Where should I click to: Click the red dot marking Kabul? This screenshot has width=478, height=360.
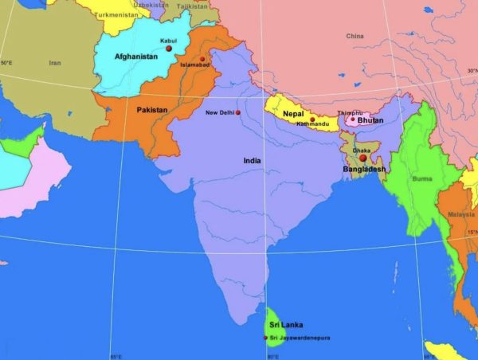coord(169,49)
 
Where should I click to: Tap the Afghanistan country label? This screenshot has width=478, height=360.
coord(137,57)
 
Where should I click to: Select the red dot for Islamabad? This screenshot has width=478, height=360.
coord(202,59)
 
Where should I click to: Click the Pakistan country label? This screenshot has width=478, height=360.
coord(152,109)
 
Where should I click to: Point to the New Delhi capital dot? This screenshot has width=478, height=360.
coord(237,113)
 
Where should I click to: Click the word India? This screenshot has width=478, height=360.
coord(253,161)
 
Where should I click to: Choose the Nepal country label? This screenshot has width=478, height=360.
coord(293,113)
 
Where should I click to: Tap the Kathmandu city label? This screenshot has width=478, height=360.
coord(312,124)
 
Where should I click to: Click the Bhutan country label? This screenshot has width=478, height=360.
coord(370,120)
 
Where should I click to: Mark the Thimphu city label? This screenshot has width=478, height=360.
coord(350,113)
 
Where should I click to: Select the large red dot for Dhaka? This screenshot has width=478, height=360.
coord(363,158)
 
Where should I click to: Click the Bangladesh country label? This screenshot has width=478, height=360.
coord(364,170)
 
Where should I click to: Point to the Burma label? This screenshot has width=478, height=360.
coord(422,179)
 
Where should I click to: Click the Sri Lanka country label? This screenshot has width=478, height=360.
coord(285,325)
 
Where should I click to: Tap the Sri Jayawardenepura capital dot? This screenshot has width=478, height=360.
coord(266,338)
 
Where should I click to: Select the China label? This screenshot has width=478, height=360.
coord(355,37)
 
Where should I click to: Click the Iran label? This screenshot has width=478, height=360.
coord(55,63)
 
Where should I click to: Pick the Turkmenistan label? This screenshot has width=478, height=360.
coord(114,15)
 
